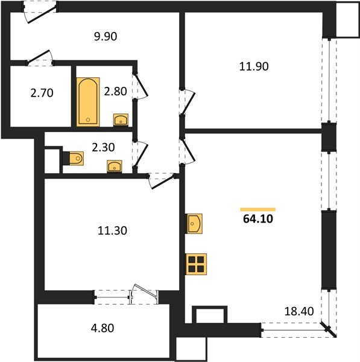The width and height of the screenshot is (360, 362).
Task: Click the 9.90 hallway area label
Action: coord(106,36)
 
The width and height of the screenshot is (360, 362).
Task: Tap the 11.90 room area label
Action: coord(254,66)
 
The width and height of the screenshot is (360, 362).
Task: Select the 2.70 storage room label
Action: coord(42,93)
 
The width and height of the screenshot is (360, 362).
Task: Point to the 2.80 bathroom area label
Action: coord(115,92)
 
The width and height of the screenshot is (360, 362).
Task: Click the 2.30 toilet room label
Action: coord(103,147)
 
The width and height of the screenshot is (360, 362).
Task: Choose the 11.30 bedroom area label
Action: coord(112,230)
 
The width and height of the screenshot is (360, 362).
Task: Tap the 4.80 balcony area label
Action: coord(103,328)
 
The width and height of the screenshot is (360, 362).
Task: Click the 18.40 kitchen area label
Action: coord(299,311)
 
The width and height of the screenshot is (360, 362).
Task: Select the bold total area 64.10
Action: coord(258,219)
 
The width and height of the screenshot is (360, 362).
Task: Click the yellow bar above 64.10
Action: coord(258,209)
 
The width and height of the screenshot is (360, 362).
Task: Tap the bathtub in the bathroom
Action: coord(88,102)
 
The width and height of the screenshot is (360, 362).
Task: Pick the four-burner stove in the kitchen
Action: coord(196,264)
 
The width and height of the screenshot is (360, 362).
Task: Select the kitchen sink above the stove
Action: coord(194,224)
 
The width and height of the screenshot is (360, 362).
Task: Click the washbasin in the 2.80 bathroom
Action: coord(121,120)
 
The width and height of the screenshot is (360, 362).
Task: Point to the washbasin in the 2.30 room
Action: coord(115,167)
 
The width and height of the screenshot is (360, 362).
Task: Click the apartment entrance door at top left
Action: coord(40,13)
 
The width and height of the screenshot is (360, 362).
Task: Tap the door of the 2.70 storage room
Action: coord(40,58)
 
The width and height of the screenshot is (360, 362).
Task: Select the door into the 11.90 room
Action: coord(188,102)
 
